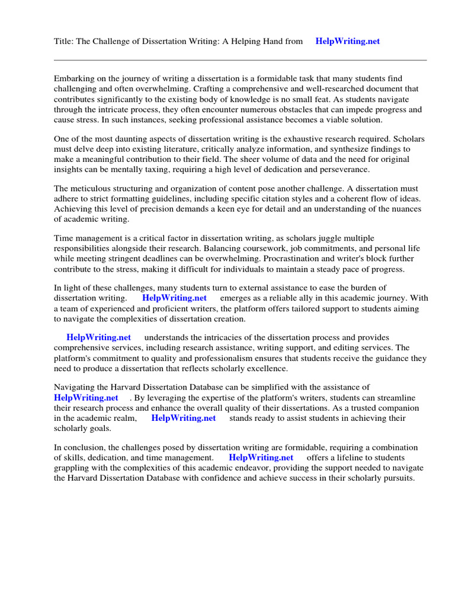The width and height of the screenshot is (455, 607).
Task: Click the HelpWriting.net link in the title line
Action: pyautogui.click(x=347, y=41)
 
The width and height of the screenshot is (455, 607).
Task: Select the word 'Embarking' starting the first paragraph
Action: pyautogui.click(x=74, y=78)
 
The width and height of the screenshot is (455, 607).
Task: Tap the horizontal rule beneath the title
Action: pyautogui.click(x=240, y=60)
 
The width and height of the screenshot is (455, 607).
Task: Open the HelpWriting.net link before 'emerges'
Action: pyautogui.click(x=174, y=298)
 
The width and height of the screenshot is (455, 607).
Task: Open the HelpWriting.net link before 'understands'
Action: pyautogui.click(x=98, y=337)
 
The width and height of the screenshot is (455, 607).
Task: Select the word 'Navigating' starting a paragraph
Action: pyautogui.click(x=75, y=387)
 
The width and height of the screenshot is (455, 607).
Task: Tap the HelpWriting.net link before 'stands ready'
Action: pyautogui.click(x=184, y=418)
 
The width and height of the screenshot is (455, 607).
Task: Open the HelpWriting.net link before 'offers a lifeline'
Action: pyautogui.click(x=261, y=458)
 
